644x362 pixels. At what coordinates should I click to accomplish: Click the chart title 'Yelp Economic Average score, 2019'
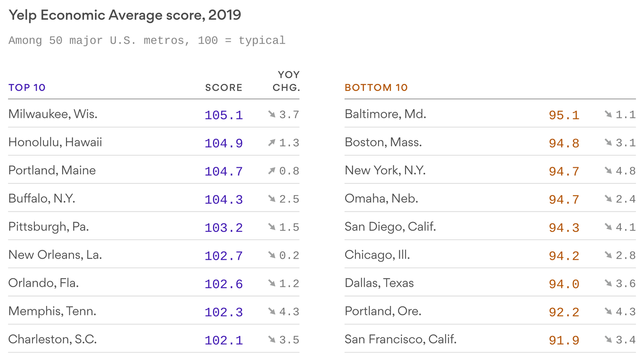[x=124, y=15]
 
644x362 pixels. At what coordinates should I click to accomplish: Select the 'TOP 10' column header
[x=27, y=88]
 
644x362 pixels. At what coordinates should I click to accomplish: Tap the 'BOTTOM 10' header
[x=376, y=88]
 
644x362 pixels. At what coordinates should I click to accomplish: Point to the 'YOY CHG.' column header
[x=287, y=81]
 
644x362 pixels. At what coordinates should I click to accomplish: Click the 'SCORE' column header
[x=223, y=88]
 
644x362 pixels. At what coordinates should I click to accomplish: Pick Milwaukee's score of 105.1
[x=223, y=115]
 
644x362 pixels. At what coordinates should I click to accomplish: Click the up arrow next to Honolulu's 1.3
[x=272, y=143]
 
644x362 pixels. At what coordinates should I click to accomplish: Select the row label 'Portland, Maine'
[x=52, y=171]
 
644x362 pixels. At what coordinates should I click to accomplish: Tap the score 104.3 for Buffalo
[x=223, y=199]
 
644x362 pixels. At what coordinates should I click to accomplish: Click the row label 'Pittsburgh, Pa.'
[x=49, y=227]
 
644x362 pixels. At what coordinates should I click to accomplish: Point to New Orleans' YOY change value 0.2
[x=289, y=255]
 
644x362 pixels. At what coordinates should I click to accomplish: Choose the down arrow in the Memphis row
[x=272, y=312]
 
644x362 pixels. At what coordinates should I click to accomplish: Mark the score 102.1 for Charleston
[x=223, y=340]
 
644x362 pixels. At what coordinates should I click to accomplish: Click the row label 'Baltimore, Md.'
[x=385, y=114]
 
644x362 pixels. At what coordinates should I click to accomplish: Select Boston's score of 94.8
[x=564, y=143]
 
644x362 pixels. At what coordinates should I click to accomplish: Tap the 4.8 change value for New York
[x=626, y=171]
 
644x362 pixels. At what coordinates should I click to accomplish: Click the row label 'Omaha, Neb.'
[x=381, y=199]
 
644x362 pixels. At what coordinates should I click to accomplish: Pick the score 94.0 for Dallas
[x=564, y=284]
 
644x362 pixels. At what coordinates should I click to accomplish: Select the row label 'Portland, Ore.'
[x=383, y=312]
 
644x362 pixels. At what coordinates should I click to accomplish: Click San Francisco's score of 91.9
[x=564, y=340]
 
